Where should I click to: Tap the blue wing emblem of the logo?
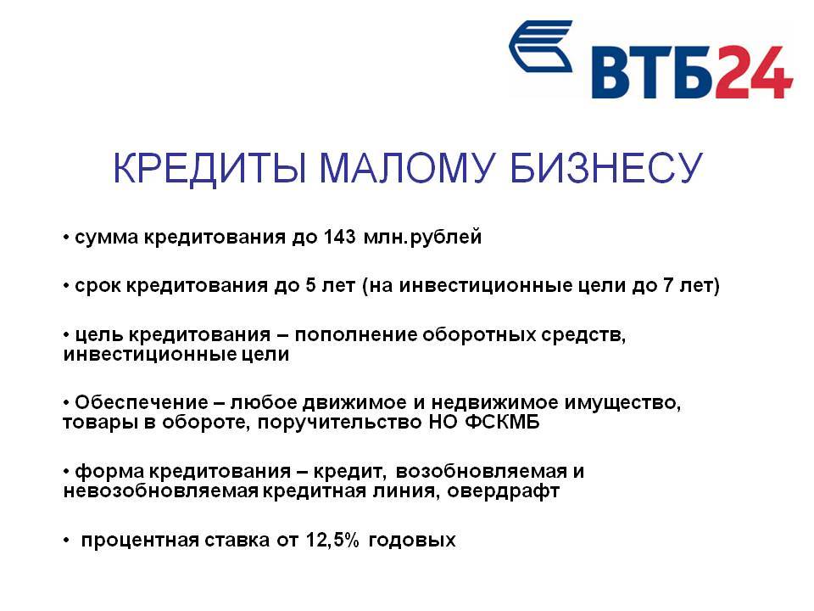click(541, 46)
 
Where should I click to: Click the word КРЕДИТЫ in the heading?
click(209, 168)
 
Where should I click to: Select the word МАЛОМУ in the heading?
click(406, 168)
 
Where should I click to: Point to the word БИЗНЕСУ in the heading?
click(605, 168)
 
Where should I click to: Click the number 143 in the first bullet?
click(340, 237)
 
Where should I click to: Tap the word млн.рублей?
click(423, 238)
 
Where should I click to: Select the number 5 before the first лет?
click(310, 285)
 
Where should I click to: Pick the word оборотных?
click(478, 334)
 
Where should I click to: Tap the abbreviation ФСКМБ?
click(503, 422)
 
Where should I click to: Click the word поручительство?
click(339, 422)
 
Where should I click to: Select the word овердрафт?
click(503, 491)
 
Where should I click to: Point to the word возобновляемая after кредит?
click(482, 471)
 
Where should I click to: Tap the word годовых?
click(412, 541)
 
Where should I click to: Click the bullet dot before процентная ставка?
click(66, 541)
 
